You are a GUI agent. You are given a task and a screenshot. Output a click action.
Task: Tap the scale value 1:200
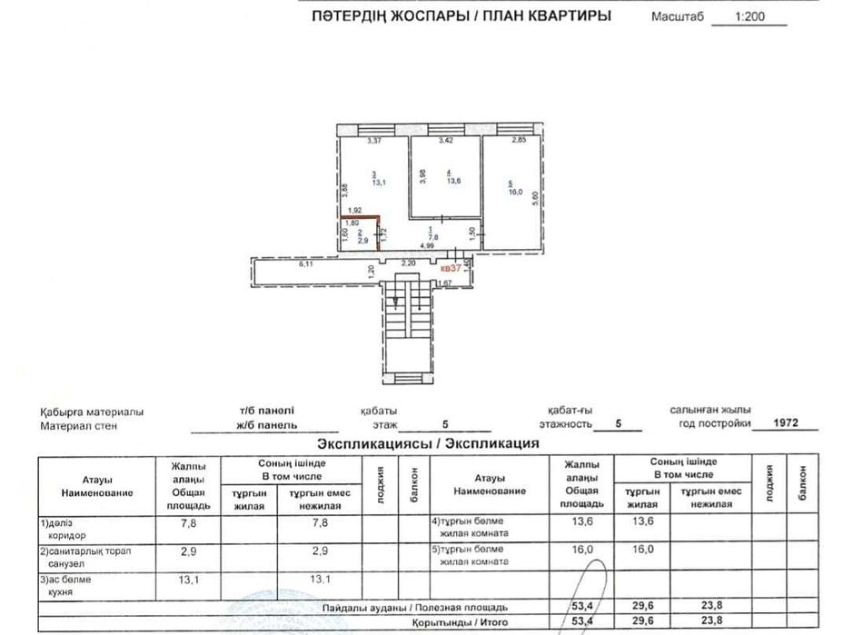[749, 16]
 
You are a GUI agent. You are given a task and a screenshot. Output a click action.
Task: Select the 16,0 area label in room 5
[516, 192]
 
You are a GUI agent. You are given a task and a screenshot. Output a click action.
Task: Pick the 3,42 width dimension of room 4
[445, 141]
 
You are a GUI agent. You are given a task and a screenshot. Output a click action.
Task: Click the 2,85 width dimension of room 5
[519, 140]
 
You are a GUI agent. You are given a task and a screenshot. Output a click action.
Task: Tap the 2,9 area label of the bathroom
[362, 241]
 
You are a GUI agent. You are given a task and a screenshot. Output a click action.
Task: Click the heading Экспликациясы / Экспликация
[427, 444]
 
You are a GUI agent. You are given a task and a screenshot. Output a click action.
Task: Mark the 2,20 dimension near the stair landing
[410, 262]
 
